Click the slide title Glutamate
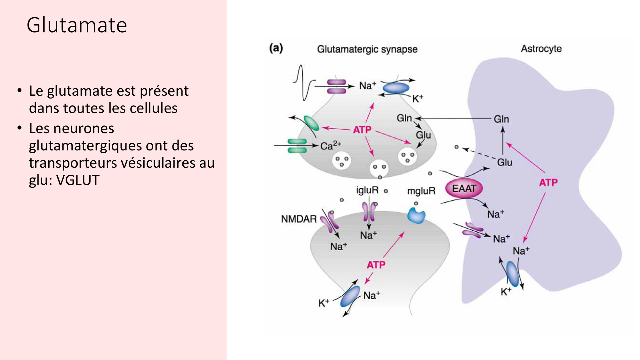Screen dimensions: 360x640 pos(77,25)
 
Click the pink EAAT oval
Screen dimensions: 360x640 pos(464,188)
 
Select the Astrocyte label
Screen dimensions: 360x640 pos(541,49)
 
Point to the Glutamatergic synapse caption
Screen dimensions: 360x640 pos(367,49)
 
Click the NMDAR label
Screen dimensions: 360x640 pos(299,219)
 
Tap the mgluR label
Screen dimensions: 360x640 pos(421,191)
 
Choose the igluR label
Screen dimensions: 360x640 pos(367,190)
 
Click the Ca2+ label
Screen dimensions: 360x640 pos(331,146)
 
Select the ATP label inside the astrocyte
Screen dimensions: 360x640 pos(548,182)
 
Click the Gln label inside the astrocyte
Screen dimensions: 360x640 pos(501,119)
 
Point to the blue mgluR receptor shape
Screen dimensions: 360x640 pos(416,215)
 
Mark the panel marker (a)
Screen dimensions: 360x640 pos(276,48)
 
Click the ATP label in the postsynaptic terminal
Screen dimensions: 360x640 pos(376,265)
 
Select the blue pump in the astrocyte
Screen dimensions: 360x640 pos(513,274)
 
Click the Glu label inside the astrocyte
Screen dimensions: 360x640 pos(504,162)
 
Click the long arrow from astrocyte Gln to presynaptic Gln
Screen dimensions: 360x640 pos(454,118)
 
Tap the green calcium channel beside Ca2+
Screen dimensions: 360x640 pos(297,146)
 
